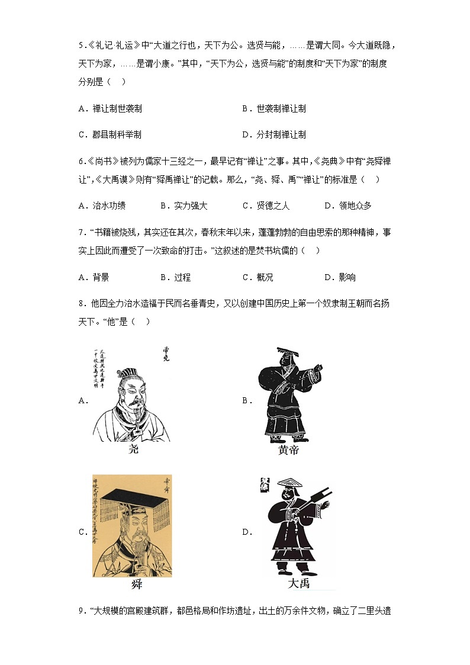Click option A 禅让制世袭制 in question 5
point(110,109)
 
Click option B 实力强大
point(184,205)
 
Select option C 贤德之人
point(266,205)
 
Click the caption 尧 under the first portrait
point(134,449)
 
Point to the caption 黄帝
point(288,451)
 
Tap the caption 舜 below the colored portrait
point(136,584)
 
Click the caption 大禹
point(299,584)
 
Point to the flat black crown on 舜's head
point(133,496)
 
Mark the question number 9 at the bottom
point(81,611)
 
